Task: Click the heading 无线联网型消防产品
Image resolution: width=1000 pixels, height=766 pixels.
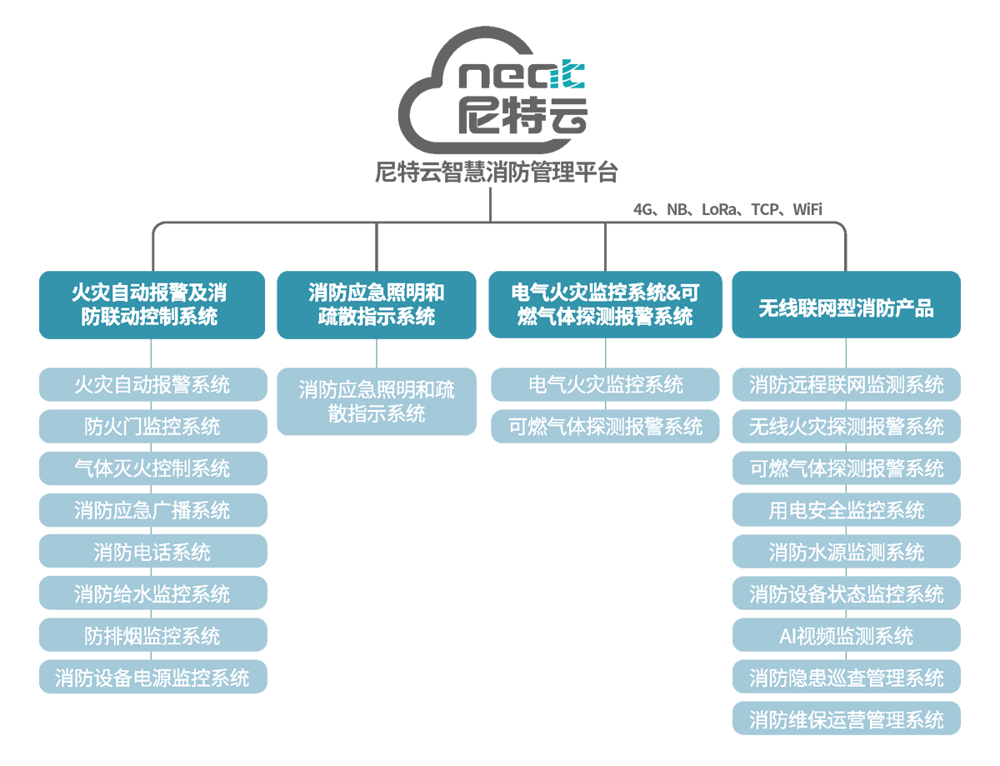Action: pyautogui.click(x=846, y=309)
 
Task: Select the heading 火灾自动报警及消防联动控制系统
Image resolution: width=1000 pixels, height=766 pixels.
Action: pyautogui.click(x=150, y=305)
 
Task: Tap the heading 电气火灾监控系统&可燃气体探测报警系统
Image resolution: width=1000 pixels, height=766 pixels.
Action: pyautogui.click(x=605, y=305)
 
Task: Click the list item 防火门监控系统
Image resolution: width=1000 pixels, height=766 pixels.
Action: pyautogui.click(x=152, y=427)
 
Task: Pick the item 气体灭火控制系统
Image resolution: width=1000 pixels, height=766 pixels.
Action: pyautogui.click(x=152, y=468)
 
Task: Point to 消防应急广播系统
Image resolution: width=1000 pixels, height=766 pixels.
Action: pyautogui.click(x=152, y=510)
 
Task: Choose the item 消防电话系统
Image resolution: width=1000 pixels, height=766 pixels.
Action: pyautogui.click(x=152, y=552)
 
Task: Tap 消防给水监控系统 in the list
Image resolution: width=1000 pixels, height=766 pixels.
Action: pyautogui.click(x=152, y=594)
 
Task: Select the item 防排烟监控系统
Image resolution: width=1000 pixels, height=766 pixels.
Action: pyautogui.click(x=152, y=636)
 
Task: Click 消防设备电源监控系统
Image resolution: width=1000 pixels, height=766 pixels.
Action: pyautogui.click(x=152, y=678)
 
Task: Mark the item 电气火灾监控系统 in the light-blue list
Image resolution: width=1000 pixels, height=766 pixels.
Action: pyautogui.click(x=605, y=384)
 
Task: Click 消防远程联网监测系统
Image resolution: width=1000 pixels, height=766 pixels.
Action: pyautogui.click(x=846, y=384)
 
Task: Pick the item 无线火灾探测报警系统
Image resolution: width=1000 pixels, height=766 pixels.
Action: pyautogui.click(x=846, y=427)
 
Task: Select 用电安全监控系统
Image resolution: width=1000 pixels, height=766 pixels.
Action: pyautogui.click(x=846, y=510)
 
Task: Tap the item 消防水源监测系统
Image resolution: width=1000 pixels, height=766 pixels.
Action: pyautogui.click(x=846, y=552)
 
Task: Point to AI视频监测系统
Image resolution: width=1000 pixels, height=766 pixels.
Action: pyautogui.click(x=846, y=636)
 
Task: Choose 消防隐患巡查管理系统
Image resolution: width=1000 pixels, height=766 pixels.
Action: pyautogui.click(x=846, y=678)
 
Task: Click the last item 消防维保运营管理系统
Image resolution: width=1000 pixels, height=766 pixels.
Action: pyautogui.click(x=846, y=719)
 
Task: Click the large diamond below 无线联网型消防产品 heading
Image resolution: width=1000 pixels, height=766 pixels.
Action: pyautogui.click(x=846, y=353)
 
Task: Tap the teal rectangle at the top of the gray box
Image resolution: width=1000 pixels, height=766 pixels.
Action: pyautogui.click(x=631, y=57)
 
